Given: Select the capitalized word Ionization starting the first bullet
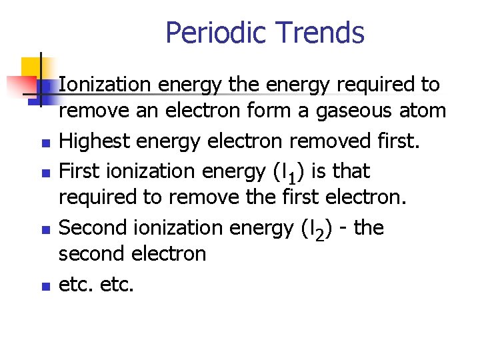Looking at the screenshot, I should pyautogui.click(x=107, y=85).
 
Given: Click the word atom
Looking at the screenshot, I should pyautogui.click(x=424, y=110).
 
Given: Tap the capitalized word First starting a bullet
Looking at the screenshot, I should pyautogui.click(x=79, y=171).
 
